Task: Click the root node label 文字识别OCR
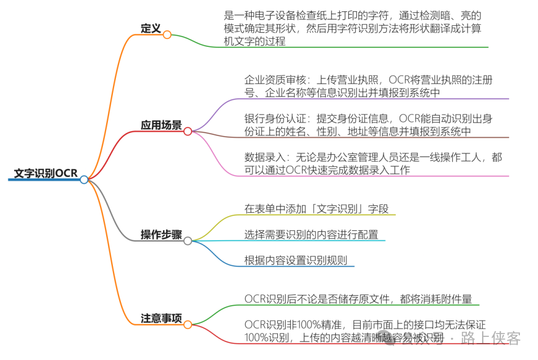45,173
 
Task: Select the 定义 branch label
151,28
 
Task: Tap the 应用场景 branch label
161,125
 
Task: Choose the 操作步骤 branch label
161,234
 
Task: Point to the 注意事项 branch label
161,318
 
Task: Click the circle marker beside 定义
167,34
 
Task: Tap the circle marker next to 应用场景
187,131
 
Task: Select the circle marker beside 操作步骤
187,241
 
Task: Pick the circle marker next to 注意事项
187,324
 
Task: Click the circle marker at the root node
84,180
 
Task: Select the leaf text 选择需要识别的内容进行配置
311,235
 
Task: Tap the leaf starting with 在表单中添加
317,209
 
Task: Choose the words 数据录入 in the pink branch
261,157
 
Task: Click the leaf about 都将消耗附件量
358,298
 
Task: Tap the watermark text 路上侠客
490,338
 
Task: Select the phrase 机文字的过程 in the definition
254,41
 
